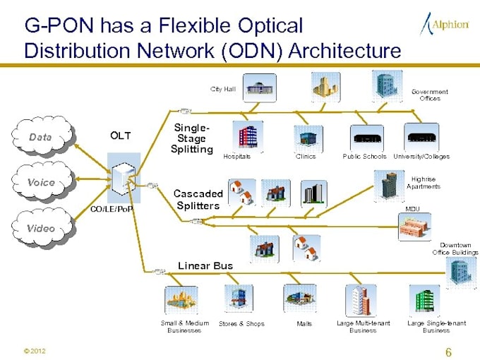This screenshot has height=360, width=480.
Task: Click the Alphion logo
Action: [445, 24]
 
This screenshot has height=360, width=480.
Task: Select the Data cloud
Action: [43, 137]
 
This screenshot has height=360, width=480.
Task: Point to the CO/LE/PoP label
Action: [113, 209]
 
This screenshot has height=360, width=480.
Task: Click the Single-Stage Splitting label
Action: [191, 138]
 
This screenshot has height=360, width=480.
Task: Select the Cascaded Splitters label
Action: [198, 198]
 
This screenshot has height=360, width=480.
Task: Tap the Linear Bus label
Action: [205, 265]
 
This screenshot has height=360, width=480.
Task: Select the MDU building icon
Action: [414, 227]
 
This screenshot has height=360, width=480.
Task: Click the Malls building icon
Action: [299, 299]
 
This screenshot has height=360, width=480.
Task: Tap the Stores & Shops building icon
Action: [239, 299]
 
